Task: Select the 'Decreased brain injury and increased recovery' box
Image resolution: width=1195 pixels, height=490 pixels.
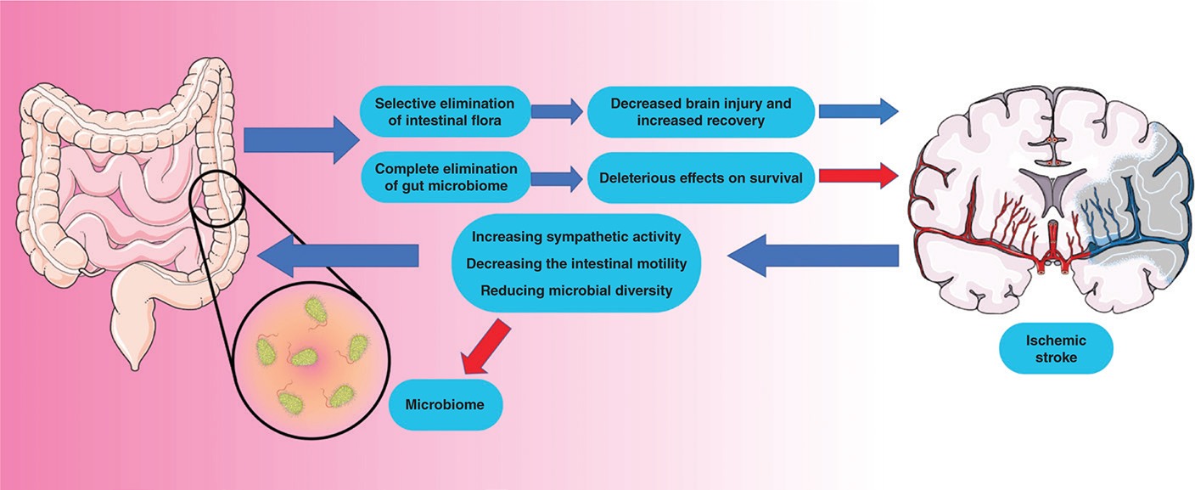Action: click(x=700, y=112)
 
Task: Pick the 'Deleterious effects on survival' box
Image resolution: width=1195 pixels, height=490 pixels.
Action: click(x=701, y=178)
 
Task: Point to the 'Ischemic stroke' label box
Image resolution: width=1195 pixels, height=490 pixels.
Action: click(x=1055, y=348)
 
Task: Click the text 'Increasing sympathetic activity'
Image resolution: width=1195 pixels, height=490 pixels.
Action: click(x=576, y=234)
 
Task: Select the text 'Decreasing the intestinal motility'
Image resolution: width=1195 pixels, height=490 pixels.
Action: click(x=576, y=262)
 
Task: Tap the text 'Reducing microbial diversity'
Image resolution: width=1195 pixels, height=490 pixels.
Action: click(x=576, y=290)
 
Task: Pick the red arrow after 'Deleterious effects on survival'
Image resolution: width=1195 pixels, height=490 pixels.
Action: click(x=861, y=177)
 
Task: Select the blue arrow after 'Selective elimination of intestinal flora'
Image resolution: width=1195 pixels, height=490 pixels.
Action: click(x=557, y=110)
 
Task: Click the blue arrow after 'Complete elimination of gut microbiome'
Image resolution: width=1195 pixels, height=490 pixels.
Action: click(x=557, y=178)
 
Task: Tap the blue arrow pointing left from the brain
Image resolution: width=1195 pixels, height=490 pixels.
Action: click(x=813, y=256)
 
